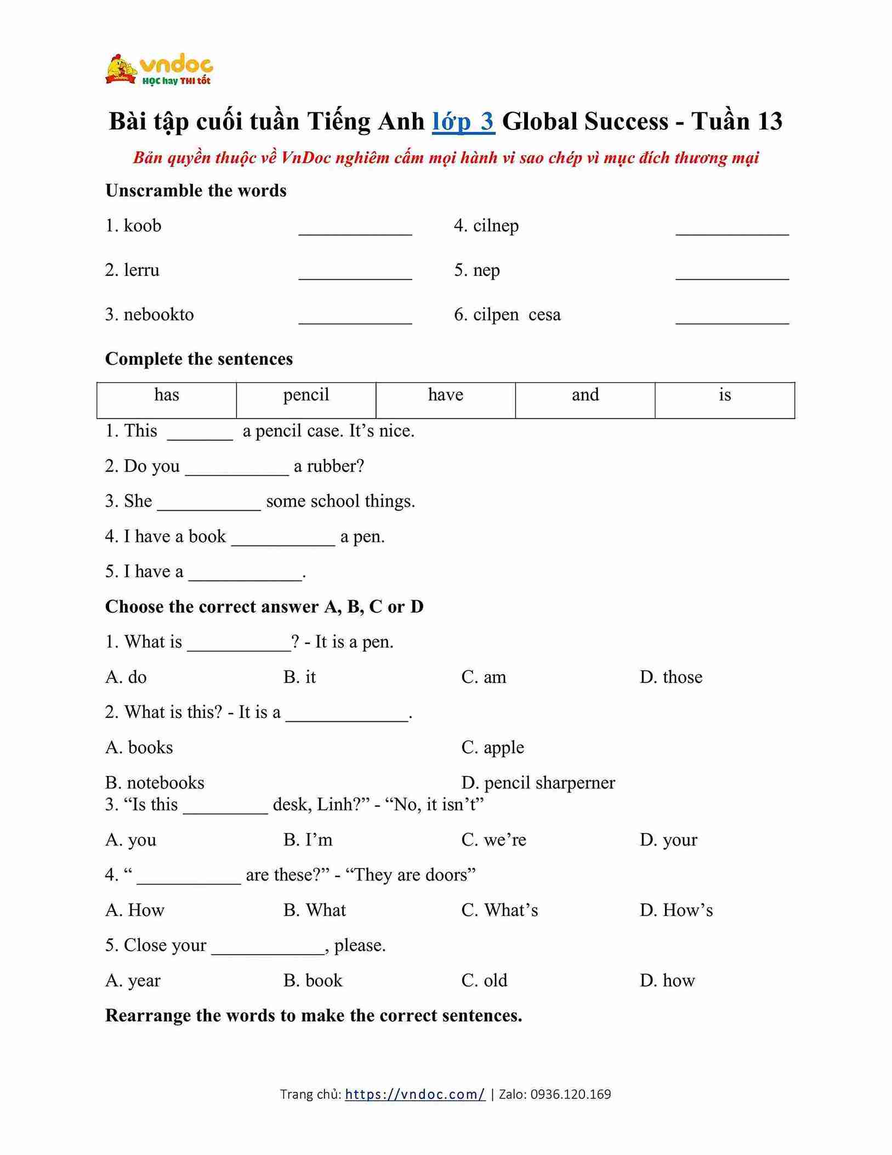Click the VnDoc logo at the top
click(x=159, y=70)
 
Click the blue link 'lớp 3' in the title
click(x=463, y=121)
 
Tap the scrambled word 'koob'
click(x=142, y=226)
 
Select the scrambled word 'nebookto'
click(x=158, y=315)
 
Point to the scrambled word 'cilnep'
click(x=496, y=226)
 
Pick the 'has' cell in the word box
click(x=167, y=395)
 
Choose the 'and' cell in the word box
click(x=585, y=395)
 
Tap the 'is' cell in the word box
click(x=724, y=395)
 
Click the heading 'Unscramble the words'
click(x=196, y=191)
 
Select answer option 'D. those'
click(x=671, y=677)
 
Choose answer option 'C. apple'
click(x=492, y=748)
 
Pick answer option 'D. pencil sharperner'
click(x=538, y=783)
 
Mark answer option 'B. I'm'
click(x=308, y=840)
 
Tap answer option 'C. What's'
click(x=499, y=910)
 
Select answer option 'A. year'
click(x=133, y=980)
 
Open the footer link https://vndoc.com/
click(x=415, y=1095)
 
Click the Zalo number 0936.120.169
click(x=570, y=1095)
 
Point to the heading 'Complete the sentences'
click(x=199, y=359)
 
